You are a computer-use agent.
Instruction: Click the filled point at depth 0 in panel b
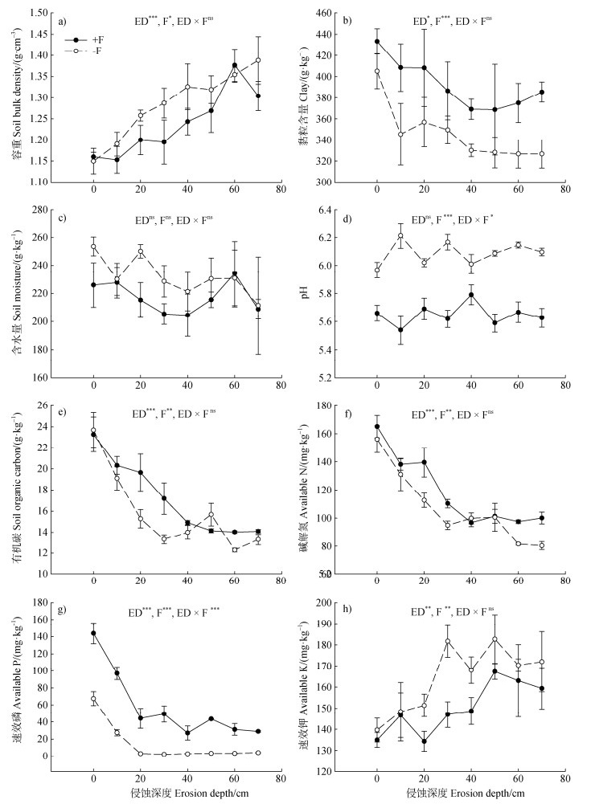click(377, 42)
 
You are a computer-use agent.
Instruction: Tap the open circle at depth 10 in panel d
click(400, 235)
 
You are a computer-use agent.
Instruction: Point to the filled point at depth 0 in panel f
click(377, 426)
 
